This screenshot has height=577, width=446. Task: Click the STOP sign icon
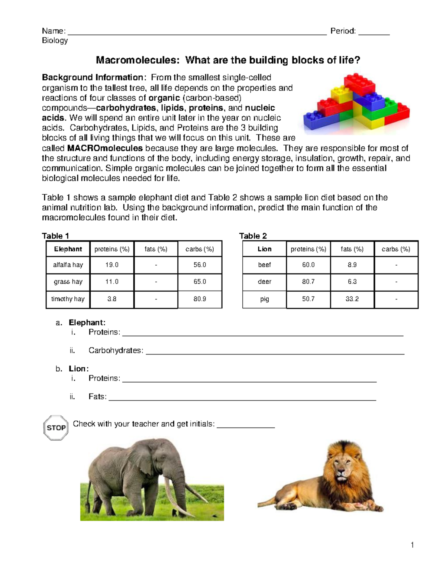point(56,428)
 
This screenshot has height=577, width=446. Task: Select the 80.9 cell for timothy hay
point(200,299)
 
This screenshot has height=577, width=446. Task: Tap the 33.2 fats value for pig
point(352,299)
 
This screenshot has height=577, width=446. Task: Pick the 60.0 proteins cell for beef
point(308,265)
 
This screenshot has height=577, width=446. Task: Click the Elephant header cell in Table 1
point(68,249)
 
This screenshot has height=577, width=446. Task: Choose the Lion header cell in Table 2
point(264,249)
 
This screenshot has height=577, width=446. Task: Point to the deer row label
point(264,282)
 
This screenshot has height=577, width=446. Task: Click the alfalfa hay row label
point(68,265)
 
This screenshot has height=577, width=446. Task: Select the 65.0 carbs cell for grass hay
point(200,282)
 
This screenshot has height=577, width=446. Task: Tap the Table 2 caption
point(253,236)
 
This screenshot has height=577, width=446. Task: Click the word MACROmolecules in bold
point(105,148)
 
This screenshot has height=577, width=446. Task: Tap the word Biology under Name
point(55,40)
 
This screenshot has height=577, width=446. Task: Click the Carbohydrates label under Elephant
point(116,350)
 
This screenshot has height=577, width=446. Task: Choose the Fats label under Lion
point(97,396)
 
